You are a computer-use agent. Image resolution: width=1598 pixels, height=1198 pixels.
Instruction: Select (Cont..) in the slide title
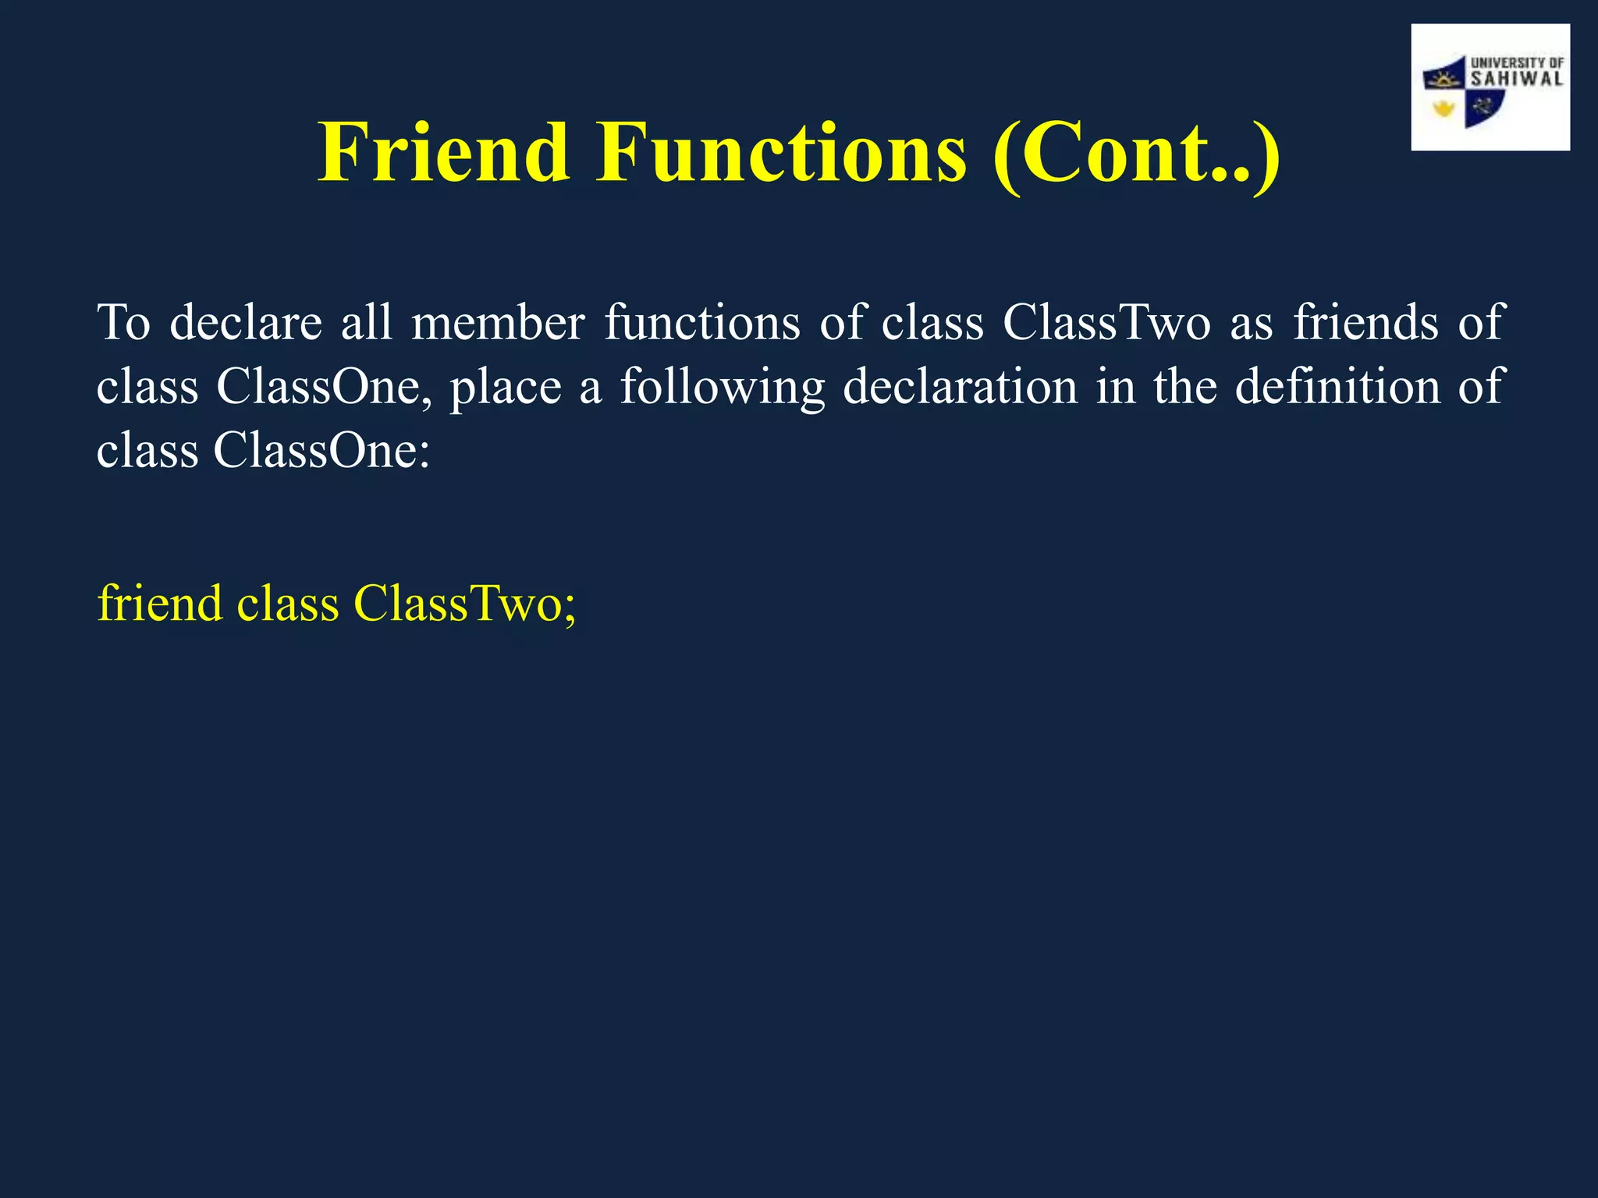1136,154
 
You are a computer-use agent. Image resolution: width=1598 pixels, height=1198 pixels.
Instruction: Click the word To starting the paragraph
123,322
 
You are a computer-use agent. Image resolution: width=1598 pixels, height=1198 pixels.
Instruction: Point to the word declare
246,322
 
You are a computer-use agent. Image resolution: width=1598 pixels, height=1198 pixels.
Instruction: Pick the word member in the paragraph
498,322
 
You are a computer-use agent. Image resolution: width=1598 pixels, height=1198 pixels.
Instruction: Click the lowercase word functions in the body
702,322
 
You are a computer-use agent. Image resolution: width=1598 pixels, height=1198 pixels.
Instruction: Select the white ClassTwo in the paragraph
1106,322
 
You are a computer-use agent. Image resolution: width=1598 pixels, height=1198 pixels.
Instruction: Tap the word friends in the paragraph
1365,322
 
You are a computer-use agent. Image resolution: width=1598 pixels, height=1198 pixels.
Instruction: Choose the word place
505,388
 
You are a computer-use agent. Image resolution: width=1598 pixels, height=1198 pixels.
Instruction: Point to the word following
722,388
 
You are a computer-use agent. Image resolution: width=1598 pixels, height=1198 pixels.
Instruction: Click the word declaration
960,387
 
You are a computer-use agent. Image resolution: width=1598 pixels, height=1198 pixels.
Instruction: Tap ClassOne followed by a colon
321,451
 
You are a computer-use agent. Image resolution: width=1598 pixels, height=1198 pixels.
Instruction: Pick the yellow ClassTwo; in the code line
464,604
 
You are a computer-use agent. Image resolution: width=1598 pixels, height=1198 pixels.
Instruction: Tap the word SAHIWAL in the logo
1517,79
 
